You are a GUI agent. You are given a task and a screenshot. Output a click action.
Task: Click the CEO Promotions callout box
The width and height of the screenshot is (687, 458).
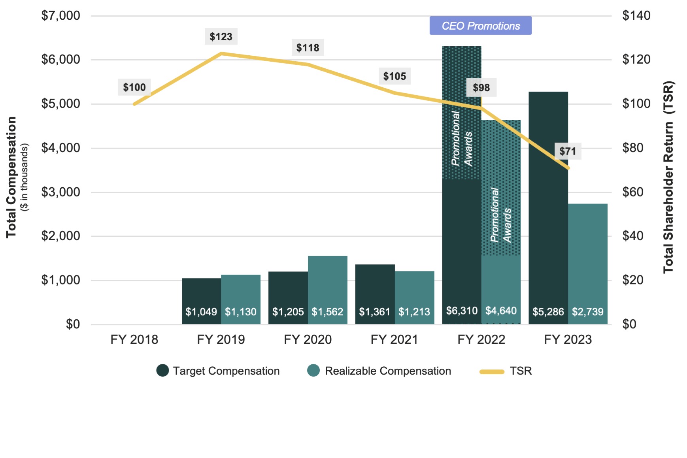coord(480,26)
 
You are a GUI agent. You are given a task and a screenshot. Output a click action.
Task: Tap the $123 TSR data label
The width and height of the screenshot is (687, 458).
coord(221,37)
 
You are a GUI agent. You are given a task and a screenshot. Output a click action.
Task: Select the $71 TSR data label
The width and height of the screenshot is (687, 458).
coord(568,151)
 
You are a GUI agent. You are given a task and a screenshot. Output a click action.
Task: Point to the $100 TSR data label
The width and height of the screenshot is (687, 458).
coord(134,87)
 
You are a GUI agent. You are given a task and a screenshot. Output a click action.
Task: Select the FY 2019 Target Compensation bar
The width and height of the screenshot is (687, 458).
coord(202,292)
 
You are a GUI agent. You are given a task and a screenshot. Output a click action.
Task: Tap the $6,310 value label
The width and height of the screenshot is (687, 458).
coord(462,311)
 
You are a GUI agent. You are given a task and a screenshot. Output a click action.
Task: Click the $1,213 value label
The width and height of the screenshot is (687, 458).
coord(414,312)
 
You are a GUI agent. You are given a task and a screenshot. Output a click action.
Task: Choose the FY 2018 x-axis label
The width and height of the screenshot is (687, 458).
coord(134,339)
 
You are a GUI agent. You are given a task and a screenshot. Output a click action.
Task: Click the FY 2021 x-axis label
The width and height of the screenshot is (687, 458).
coord(394,339)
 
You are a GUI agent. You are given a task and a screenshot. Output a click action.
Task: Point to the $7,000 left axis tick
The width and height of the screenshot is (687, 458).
coord(61,16)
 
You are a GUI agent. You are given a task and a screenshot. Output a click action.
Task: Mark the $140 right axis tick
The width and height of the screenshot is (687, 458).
coord(636,16)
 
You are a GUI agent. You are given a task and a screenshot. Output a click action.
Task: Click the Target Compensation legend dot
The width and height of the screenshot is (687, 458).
coord(162,371)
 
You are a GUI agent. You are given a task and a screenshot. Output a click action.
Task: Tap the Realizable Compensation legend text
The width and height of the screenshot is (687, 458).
coord(388,371)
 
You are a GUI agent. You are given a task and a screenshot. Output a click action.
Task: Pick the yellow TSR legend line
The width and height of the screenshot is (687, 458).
coord(492,371)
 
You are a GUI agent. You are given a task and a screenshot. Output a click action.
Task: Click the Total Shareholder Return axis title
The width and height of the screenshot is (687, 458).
coord(668,177)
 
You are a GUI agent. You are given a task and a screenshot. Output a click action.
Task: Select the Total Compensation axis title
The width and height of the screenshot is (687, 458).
coord(11,177)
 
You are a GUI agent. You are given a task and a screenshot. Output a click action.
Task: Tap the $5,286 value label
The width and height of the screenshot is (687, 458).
coord(548,312)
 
